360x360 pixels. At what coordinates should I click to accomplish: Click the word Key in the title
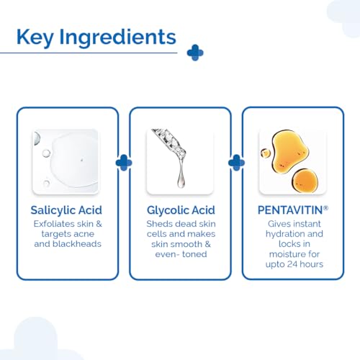tap(35, 37)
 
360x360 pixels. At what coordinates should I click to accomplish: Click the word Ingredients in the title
tap(117, 37)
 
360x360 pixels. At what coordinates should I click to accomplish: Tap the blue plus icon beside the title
tap(195, 53)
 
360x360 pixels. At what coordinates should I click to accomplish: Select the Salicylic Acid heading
tap(66, 210)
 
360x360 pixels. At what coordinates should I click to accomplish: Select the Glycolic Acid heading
tap(181, 210)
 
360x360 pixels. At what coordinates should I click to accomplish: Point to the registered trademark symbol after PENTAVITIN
tap(325, 208)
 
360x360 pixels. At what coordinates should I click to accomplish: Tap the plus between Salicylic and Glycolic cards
tap(124, 163)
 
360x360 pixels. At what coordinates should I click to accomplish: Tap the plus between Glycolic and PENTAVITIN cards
tap(237, 163)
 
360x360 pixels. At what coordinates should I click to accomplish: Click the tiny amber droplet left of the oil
tap(266, 153)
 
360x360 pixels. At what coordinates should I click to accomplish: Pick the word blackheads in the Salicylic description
tap(77, 244)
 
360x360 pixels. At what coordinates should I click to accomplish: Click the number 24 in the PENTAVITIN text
tap(292, 264)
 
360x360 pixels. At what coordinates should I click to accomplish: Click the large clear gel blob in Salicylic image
tap(74, 160)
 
